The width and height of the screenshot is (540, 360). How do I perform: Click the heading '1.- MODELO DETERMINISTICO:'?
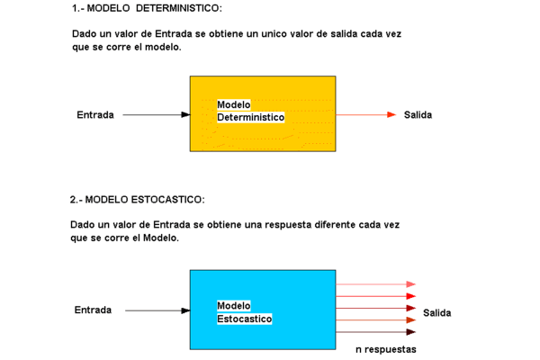point(147,8)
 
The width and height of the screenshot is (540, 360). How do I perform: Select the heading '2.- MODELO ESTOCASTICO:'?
point(137,200)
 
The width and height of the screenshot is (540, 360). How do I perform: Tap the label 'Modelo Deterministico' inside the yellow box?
point(251,111)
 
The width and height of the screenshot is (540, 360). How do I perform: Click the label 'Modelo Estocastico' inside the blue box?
point(245,312)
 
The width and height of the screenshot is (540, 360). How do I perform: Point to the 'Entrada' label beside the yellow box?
point(95,114)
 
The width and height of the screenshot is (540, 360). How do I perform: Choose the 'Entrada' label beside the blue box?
point(93,310)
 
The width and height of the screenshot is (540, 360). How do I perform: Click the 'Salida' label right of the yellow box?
point(418,114)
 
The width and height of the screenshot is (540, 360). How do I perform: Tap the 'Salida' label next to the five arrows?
point(437,313)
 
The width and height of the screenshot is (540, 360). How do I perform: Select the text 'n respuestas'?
point(386,349)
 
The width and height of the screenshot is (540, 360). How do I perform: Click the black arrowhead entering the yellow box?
point(185,114)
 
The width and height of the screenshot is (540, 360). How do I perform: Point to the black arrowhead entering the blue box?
point(185,310)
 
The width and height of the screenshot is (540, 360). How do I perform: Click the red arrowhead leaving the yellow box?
point(391,114)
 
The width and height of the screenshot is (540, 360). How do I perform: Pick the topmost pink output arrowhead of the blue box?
point(411,284)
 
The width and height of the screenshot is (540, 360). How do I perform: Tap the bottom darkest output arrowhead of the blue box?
point(411,332)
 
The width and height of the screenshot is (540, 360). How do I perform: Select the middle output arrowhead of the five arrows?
point(411,309)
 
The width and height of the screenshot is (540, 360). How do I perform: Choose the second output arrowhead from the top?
point(411,296)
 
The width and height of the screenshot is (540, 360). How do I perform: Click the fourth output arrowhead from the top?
point(411,320)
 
